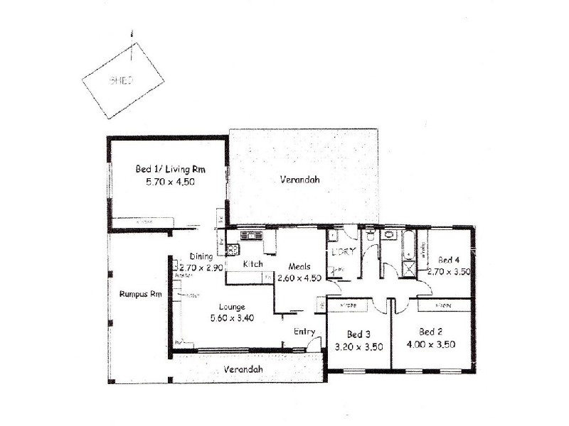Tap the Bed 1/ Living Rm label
coord(165,170)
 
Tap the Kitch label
coord(252,264)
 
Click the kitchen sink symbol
coord(251,235)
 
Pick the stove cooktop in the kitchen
coord(231,248)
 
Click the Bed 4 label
coord(450,259)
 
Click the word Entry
coord(304,332)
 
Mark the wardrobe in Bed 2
coord(442,305)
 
